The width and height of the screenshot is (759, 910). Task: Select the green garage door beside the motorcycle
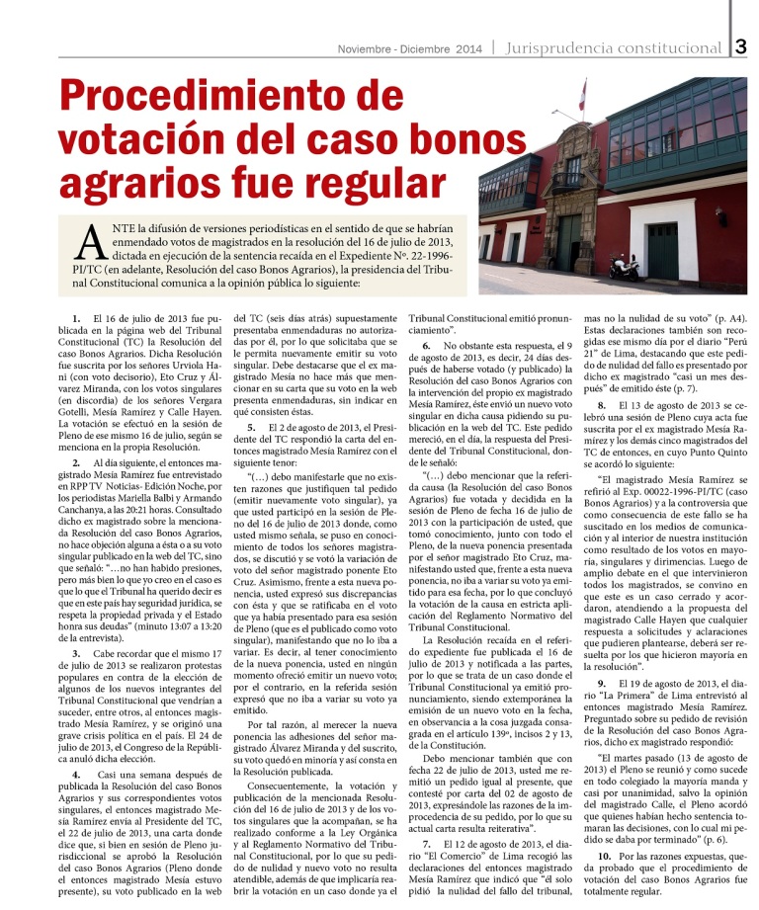click(662, 249)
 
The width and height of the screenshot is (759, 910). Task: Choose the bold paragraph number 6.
click(426, 346)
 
